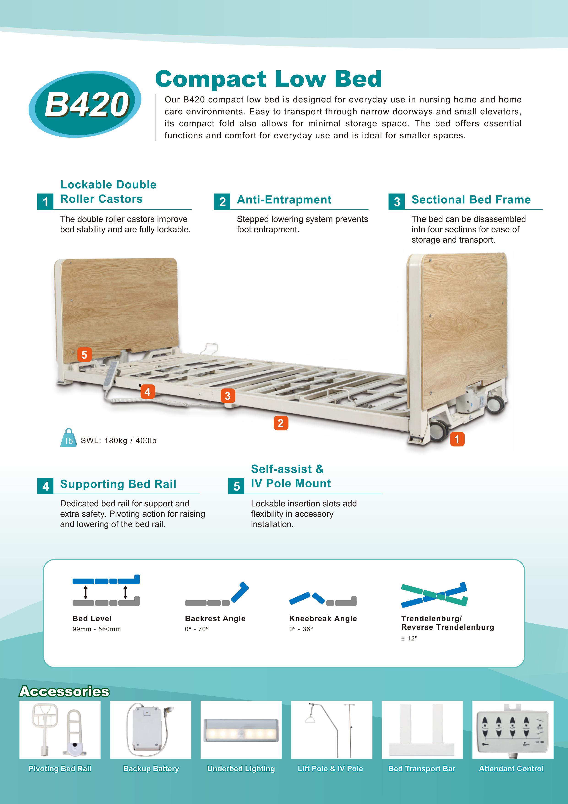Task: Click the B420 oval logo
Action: point(85,104)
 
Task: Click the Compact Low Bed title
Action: point(268,79)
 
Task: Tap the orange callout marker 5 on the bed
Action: point(84,354)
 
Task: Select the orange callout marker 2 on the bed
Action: point(281,423)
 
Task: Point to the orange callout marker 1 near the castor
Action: point(457,439)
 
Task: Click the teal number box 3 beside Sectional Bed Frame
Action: point(397,202)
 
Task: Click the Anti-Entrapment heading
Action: point(284,200)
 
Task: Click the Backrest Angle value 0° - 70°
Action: point(197,629)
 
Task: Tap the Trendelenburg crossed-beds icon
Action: point(434,595)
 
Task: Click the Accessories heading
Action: point(64,691)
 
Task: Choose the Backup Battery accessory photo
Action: point(150,729)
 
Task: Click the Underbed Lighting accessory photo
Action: point(241,729)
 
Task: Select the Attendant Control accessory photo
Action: point(513,729)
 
